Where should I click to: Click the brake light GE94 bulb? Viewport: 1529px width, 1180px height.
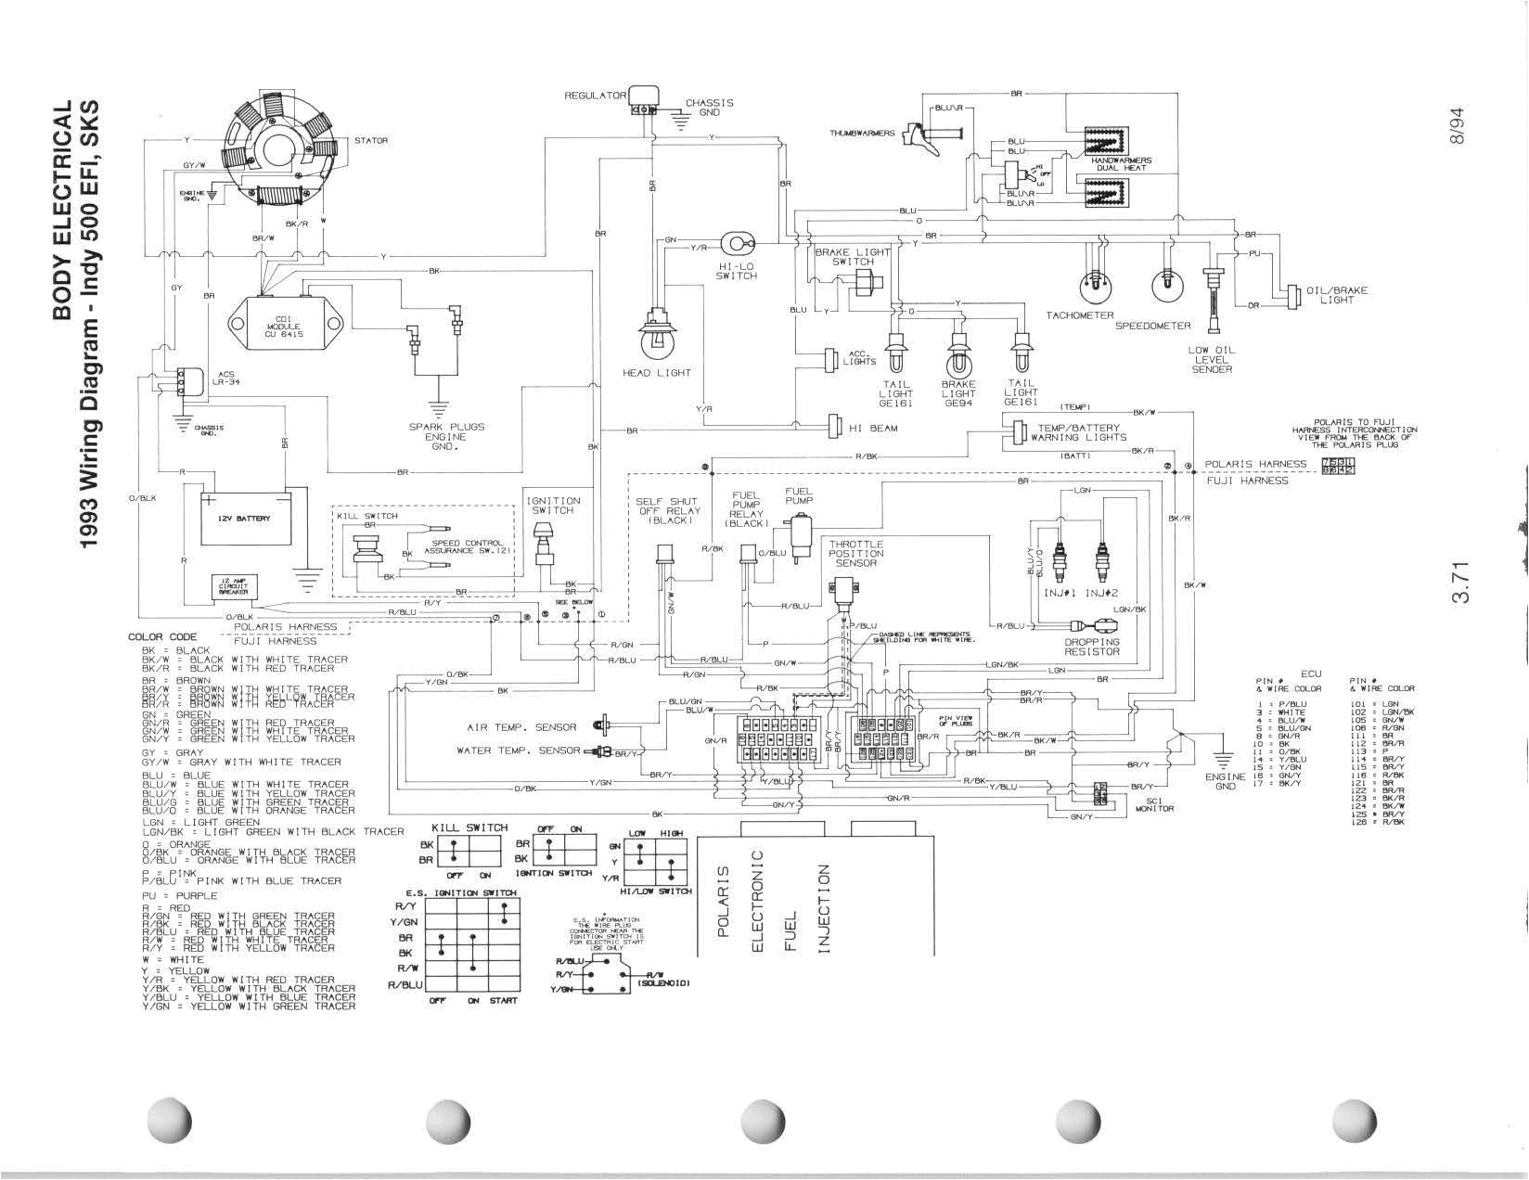[x=958, y=353]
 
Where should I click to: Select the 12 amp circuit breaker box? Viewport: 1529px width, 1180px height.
[x=232, y=587]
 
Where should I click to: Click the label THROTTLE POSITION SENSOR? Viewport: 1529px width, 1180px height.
[x=856, y=553]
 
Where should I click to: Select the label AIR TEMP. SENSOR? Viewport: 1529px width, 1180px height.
[x=521, y=726]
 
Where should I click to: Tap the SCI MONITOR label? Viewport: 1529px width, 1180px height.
[x=1154, y=803]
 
